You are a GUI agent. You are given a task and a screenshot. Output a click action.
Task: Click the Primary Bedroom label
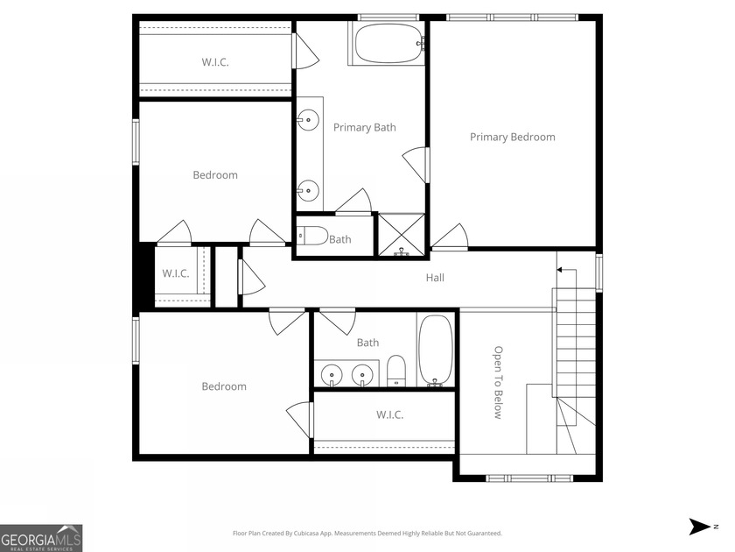[512, 137]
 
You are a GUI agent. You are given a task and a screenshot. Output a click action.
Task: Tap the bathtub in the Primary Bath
[388, 43]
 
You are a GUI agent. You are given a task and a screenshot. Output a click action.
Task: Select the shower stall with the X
[401, 234]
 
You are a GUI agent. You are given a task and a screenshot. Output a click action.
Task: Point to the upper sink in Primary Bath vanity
[307, 120]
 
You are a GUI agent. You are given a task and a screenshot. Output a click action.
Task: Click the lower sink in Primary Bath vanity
[307, 188]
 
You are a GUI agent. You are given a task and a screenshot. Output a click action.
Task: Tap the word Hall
[435, 278]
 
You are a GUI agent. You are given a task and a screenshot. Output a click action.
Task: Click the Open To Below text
[497, 382]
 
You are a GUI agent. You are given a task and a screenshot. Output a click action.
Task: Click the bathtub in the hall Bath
[435, 350]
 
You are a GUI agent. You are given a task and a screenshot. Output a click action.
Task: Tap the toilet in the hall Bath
[396, 371]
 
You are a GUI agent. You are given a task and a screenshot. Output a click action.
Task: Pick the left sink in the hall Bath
[332, 376]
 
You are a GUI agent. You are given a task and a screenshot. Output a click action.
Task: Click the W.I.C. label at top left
[215, 61]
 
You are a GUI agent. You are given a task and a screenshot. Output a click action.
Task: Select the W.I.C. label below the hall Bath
[389, 414]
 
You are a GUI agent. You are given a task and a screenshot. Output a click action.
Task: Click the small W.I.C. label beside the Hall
[175, 273]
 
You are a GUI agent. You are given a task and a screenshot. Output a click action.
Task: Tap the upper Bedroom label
[215, 175]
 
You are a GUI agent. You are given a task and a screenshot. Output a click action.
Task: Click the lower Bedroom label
[224, 386]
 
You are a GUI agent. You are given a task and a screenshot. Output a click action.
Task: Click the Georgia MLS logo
[41, 537]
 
